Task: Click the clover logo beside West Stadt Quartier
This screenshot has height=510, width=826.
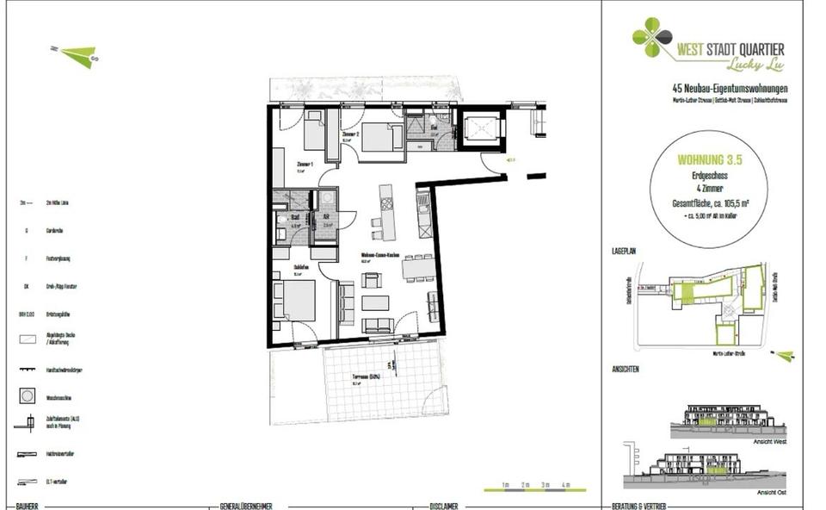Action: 652,38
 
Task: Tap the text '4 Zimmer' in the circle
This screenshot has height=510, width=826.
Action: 710,189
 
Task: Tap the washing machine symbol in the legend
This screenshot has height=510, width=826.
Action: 28,397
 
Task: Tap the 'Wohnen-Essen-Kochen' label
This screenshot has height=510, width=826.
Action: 378,256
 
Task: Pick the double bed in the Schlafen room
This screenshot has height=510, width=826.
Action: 298,302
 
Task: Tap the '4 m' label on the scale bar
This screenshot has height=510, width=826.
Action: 565,486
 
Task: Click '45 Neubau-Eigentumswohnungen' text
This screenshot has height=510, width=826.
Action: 729,89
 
